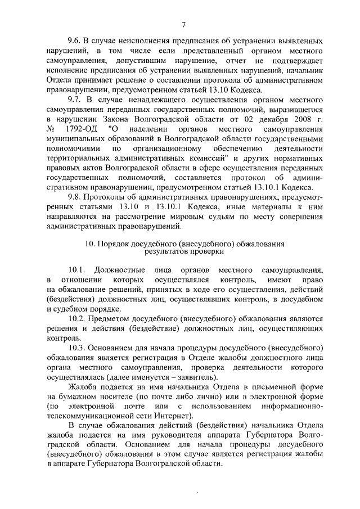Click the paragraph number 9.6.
tap(74, 42)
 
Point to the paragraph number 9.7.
tap(74, 99)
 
